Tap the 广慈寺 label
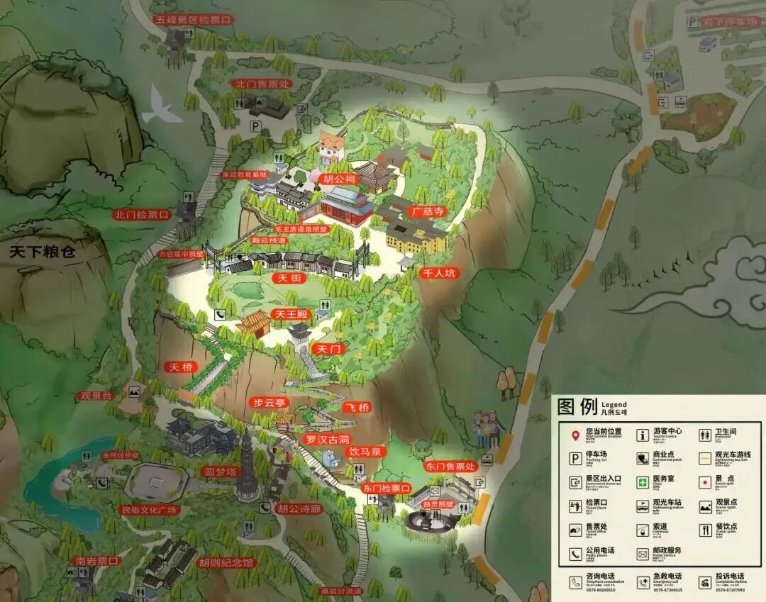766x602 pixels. point(428,211)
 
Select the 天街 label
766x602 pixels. point(289,279)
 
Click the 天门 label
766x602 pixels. point(330,350)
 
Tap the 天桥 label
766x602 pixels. point(180,367)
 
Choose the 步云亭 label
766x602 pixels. point(269,403)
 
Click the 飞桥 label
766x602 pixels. point(357,407)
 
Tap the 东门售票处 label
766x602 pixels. point(450,467)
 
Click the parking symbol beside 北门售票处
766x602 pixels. point(255,125)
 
